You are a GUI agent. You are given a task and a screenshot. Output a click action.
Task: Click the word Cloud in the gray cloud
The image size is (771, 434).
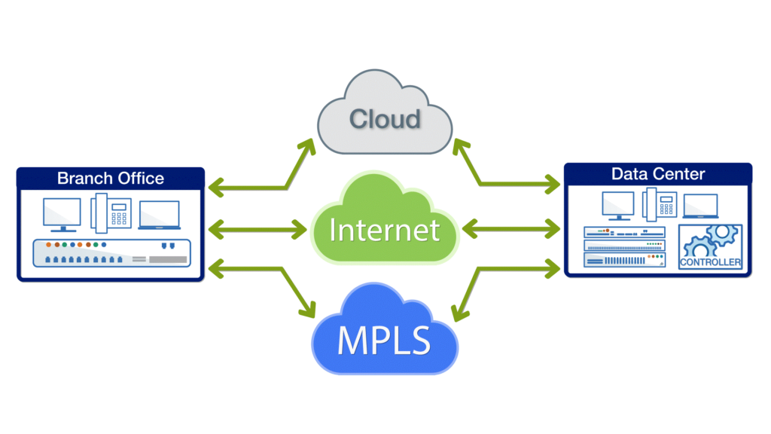385,119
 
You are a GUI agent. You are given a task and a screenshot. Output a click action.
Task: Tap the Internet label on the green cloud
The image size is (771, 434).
384,228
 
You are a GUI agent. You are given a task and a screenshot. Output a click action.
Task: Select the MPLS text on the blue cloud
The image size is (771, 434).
384,341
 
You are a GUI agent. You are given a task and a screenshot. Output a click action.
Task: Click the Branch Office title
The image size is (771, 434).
110,179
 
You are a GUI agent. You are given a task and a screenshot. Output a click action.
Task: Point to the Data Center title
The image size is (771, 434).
657,174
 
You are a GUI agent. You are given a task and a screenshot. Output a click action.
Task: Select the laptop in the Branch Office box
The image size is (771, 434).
159,215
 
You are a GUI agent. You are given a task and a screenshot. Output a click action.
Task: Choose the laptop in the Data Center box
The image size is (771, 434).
699,206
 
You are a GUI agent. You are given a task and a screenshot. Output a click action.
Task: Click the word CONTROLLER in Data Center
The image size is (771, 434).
709,262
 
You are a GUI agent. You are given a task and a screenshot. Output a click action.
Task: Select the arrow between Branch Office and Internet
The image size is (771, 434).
257,228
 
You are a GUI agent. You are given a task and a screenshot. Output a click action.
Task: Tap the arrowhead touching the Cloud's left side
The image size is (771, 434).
309,146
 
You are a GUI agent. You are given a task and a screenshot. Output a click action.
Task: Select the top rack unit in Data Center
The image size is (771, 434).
626,232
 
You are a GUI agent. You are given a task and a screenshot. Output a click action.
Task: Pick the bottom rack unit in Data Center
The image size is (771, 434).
626,260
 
